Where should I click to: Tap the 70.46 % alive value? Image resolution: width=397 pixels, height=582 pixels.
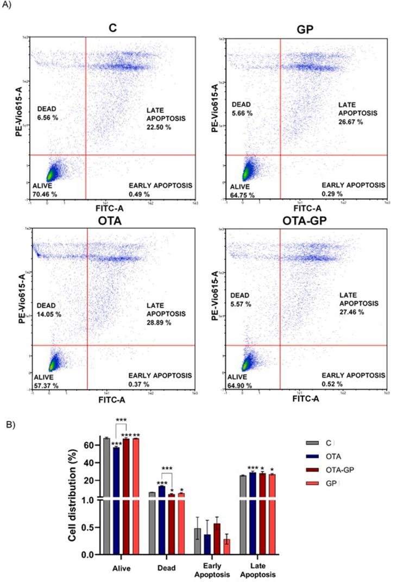pyautogui.click(x=45, y=193)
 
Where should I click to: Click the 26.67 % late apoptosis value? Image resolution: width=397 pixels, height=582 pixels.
pyautogui.click(x=351, y=122)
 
